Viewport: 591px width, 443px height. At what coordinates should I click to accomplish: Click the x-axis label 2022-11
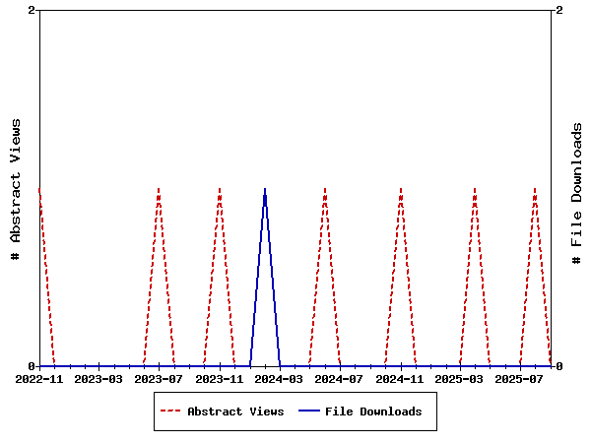coord(38,379)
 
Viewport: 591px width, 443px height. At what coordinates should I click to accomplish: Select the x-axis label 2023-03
coord(98,379)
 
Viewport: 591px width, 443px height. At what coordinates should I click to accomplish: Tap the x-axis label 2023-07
coord(159,379)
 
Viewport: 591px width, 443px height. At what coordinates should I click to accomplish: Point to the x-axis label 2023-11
coord(219,379)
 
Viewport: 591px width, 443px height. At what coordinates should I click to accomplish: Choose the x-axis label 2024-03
coord(280,379)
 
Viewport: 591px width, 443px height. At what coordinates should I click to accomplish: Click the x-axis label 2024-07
coord(340,379)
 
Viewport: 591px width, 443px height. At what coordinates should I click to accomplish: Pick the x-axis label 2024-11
coord(400,379)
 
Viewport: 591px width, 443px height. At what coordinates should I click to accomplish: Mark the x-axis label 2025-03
coord(460,379)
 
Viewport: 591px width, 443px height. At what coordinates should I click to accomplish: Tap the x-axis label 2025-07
coord(520,379)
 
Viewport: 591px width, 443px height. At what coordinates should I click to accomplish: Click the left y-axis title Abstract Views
coord(16,188)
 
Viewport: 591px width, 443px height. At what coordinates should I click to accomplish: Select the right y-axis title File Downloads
coord(577,193)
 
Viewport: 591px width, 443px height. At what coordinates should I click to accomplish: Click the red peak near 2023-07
coord(159,188)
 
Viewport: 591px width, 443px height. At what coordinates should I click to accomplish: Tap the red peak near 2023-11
coord(220,188)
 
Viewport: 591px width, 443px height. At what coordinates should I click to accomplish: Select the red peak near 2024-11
coord(401,188)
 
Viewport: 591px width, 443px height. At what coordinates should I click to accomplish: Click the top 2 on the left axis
coord(32,11)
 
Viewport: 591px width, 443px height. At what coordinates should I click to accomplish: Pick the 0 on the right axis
coord(559,366)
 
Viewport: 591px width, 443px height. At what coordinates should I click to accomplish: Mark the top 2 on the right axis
coord(559,11)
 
